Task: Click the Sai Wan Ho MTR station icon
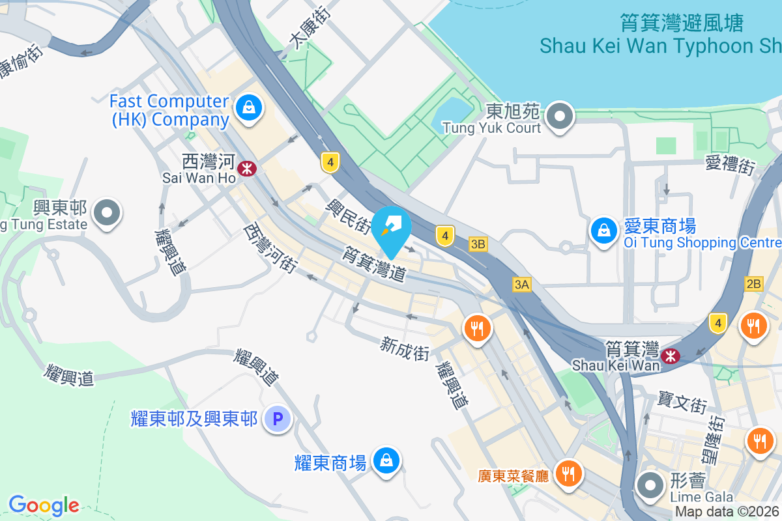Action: point(247,169)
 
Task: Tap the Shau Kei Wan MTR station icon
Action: point(670,356)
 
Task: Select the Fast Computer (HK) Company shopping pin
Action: point(248,108)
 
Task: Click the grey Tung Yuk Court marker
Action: point(559,118)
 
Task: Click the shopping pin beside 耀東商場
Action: point(386,460)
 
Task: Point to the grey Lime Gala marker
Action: point(650,485)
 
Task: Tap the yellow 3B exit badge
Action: point(478,244)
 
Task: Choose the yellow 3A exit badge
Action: point(522,284)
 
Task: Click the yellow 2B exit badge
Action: point(754,284)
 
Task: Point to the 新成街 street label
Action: point(405,348)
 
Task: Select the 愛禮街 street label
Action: point(729,164)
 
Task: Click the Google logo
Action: point(44,505)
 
